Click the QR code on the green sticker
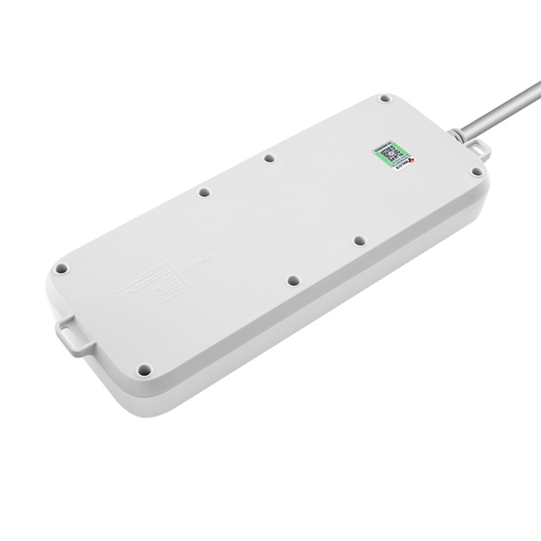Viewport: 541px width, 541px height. point(391,152)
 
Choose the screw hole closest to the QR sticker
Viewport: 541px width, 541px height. point(384,100)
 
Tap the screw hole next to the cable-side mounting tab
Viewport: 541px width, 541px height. point(476,171)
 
